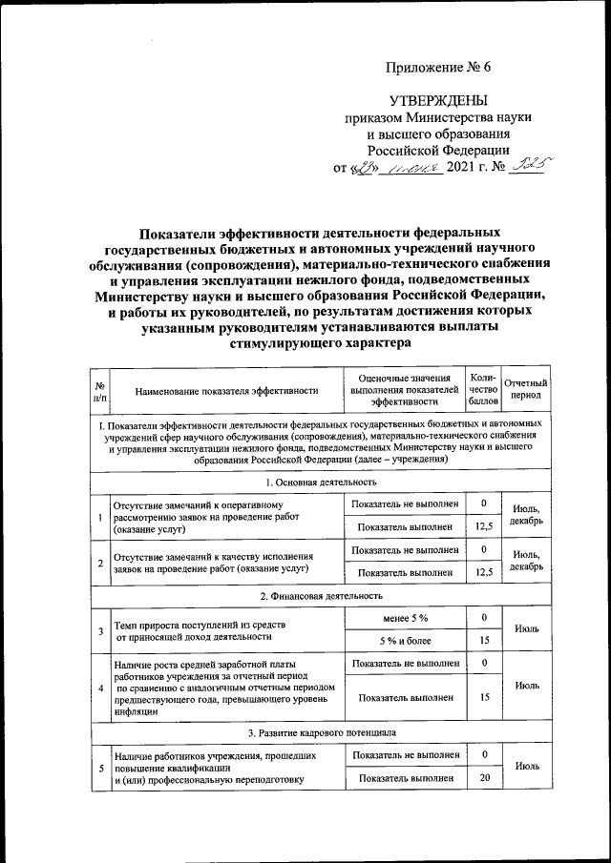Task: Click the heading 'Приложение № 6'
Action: point(437,67)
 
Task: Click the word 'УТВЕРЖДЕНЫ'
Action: point(437,101)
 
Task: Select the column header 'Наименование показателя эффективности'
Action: point(225,390)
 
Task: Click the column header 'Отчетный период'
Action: point(525,389)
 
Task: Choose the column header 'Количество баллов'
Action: point(484,389)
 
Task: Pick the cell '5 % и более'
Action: point(405,640)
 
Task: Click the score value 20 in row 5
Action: point(484,778)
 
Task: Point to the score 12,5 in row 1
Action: point(484,525)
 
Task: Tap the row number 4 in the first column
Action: point(100,686)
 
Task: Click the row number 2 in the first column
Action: point(100,563)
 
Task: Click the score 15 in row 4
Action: point(484,697)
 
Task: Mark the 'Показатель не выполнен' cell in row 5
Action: point(405,755)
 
